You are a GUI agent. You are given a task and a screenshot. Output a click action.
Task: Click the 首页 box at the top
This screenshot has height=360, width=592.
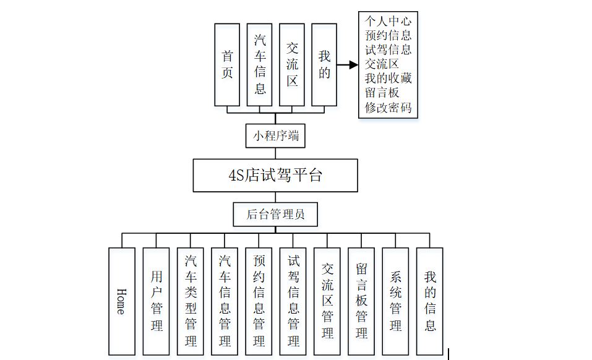227,64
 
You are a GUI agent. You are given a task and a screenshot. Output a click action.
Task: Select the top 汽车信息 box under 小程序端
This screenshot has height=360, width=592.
260,64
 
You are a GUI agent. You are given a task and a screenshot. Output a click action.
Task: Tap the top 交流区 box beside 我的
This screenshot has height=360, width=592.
292,64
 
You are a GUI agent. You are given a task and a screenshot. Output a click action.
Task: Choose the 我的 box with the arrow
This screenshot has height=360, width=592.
324,64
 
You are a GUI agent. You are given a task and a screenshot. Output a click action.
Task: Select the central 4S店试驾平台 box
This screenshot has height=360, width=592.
275,175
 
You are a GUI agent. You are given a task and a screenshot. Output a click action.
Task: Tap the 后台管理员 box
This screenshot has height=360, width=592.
275,215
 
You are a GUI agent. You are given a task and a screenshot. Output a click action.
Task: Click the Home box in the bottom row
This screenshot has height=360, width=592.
122,301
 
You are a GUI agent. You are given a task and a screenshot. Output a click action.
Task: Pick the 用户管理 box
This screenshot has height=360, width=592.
156,301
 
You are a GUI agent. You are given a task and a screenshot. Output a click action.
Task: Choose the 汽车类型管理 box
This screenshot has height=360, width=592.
191,301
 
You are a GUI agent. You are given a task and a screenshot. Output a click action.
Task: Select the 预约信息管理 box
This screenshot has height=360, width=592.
259,301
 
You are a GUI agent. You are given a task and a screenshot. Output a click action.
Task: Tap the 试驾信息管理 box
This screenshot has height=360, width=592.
293,301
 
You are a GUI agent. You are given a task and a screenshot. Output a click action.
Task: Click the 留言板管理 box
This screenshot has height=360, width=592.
361,301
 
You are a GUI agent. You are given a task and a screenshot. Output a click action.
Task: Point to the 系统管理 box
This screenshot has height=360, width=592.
396,301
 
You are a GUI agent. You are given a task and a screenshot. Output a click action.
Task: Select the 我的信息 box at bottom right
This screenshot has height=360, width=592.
430,301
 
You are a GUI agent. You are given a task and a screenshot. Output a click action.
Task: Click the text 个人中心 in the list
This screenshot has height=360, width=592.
388,20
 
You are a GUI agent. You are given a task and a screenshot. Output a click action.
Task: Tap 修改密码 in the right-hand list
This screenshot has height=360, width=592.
388,108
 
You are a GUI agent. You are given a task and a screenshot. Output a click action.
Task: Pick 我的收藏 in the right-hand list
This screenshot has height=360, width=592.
388,79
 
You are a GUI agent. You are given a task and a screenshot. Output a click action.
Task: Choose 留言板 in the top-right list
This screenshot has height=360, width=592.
382,93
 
